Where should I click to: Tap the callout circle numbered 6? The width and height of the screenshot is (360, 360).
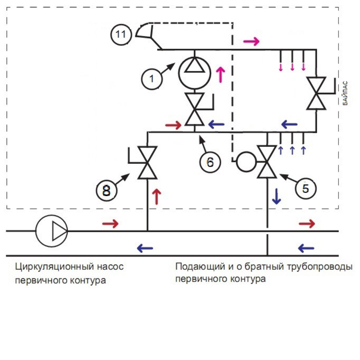pos(210,162)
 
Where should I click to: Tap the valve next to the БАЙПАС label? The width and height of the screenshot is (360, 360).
pos(316,93)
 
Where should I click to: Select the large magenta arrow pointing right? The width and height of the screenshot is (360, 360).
pos(251,41)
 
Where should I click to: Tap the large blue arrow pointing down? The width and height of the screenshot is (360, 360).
pos(276,197)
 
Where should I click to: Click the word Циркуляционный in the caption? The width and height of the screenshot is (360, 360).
pos(54,267)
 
